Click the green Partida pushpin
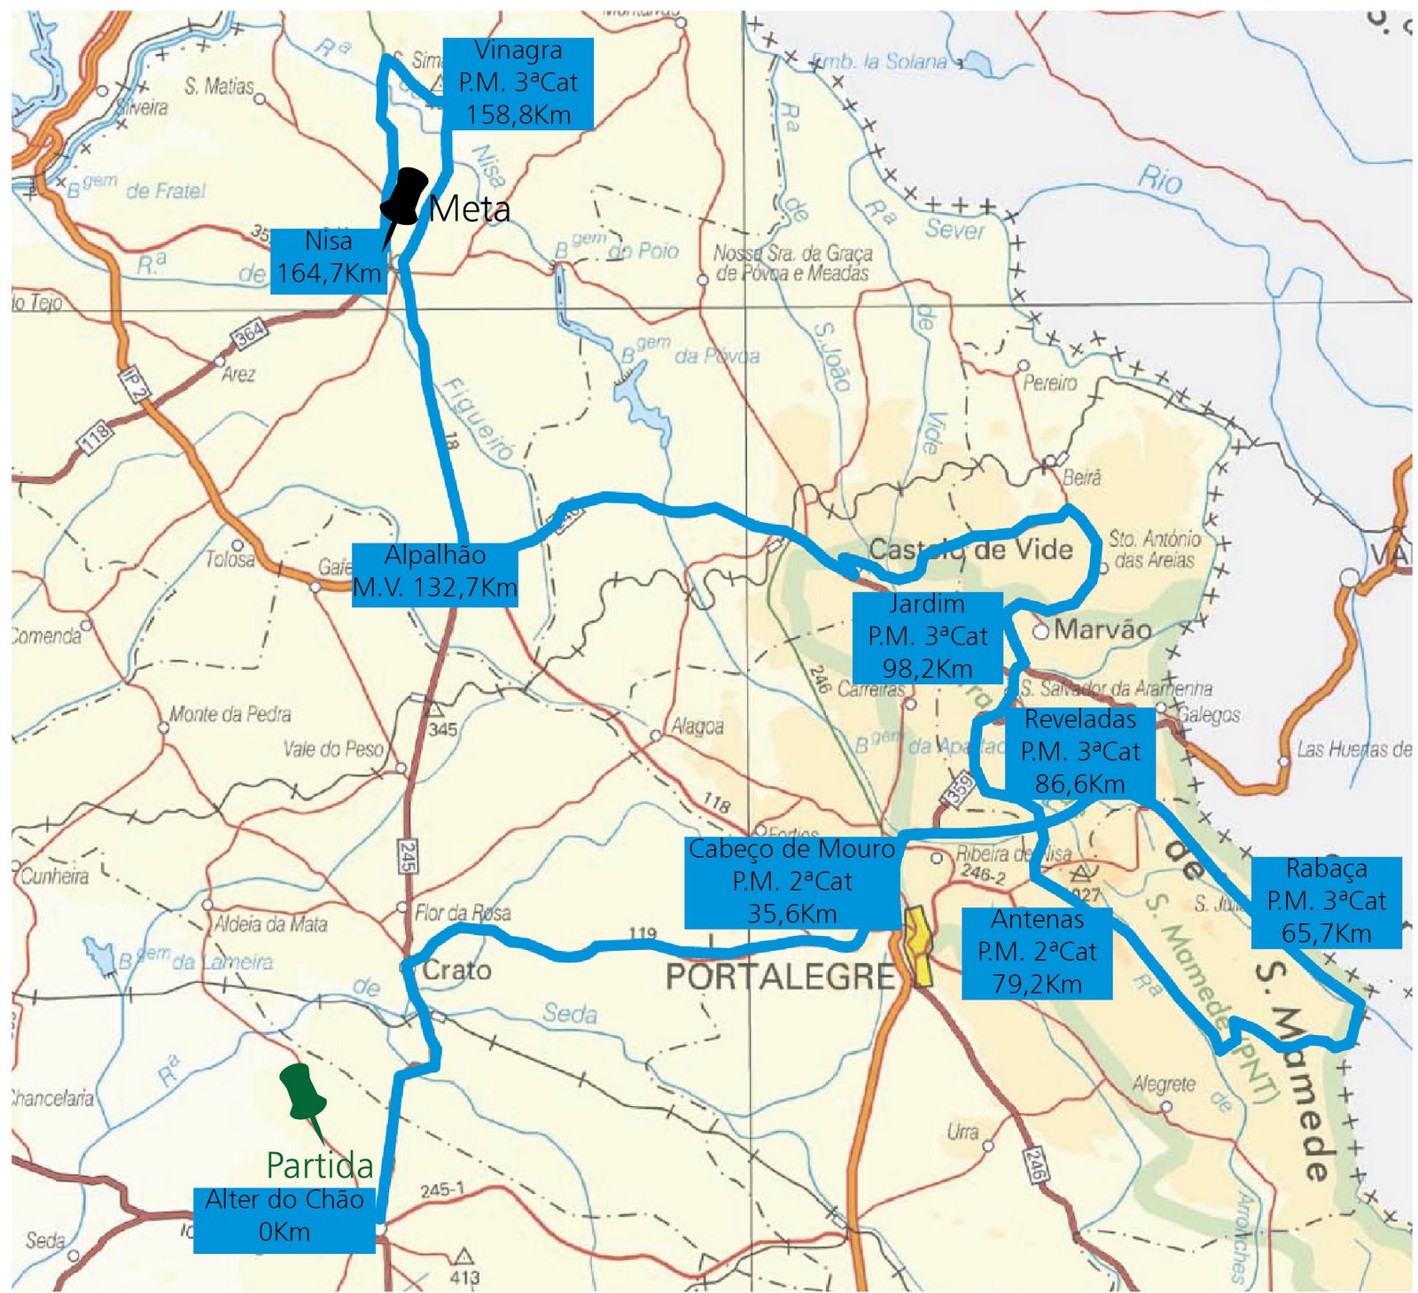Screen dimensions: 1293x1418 [x=302, y=1092]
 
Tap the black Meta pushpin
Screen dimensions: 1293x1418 [x=406, y=197]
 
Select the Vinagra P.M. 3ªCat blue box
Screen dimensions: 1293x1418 [x=518, y=83]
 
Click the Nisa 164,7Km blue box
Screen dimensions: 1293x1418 [x=328, y=258]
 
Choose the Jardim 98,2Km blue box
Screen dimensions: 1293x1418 [x=927, y=636]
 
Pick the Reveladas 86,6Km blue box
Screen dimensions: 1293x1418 [x=1079, y=752]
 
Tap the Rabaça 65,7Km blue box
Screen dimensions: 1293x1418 [x=1326, y=901]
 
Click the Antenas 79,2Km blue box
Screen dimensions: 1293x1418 [x=1037, y=952]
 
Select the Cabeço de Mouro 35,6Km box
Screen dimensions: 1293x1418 [x=791, y=882]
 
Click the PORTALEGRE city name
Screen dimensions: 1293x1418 [x=780, y=977]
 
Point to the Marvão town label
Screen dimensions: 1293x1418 [x=1102, y=630]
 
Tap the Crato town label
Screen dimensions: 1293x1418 [x=456, y=970]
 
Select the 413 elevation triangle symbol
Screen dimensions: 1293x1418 [x=463, y=1256]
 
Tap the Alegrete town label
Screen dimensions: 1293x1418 [x=1163, y=1084]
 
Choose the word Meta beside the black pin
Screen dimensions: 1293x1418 [x=470, y=210]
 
